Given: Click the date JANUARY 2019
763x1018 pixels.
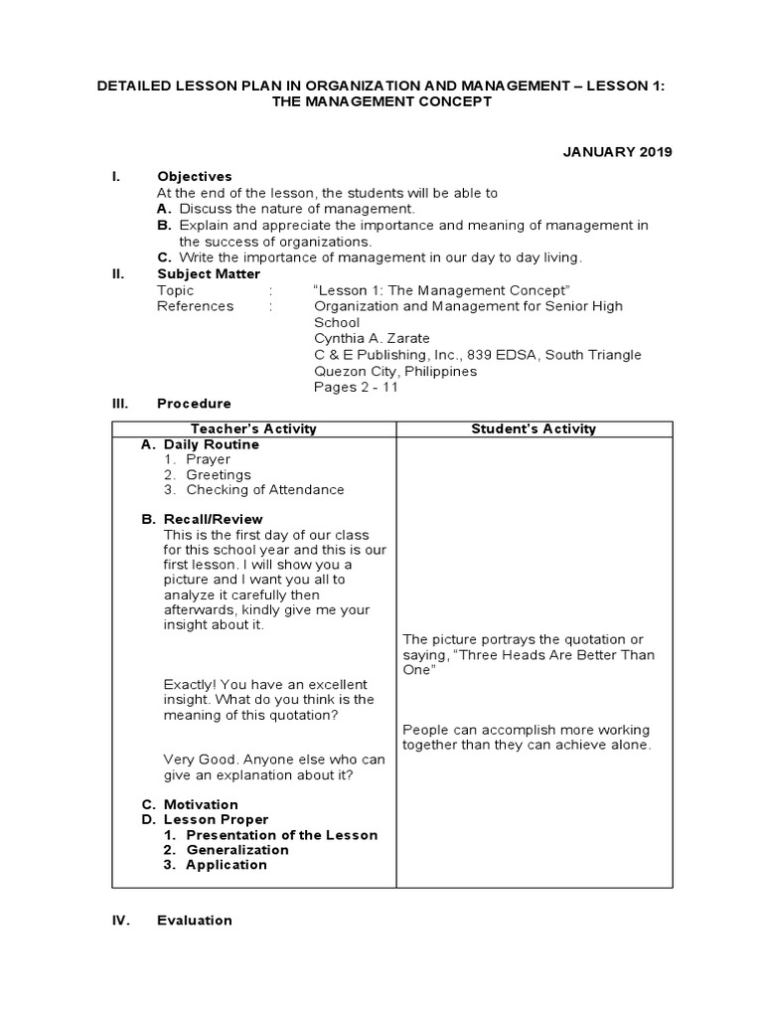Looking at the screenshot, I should (617, 152).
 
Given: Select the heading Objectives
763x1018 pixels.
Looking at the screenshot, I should (194, 177).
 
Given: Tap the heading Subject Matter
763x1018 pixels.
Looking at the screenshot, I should (209, 274).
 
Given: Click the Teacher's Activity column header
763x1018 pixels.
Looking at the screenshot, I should (253, 428).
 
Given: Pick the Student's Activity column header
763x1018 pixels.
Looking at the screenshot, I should (534, 428).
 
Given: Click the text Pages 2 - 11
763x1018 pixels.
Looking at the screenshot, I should (356, 388).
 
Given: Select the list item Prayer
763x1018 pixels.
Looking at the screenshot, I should (208, 460).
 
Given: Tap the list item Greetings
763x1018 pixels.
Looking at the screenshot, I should (219, 475).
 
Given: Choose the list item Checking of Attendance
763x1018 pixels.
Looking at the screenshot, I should (265, 490).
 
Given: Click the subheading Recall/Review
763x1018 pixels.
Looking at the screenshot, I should (213, 519).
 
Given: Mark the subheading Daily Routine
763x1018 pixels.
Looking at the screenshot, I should (211, 444).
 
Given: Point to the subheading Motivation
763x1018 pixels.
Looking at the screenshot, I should (201, 804).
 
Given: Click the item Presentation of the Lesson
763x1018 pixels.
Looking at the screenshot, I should (281, 835).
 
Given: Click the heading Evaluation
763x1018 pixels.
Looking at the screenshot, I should (194, 921).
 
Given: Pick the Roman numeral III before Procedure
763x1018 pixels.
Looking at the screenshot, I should (118, 404).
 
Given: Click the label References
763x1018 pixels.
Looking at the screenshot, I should (195, 306).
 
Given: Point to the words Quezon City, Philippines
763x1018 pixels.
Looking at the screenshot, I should (381, 372).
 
